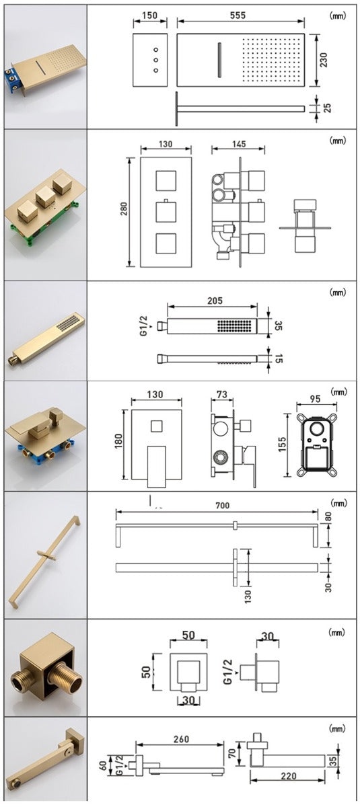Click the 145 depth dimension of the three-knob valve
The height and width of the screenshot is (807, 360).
pyautogui.click(x=223, y=143)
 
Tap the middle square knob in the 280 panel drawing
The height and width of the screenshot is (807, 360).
pyautogui.click(x=166, y=212)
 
